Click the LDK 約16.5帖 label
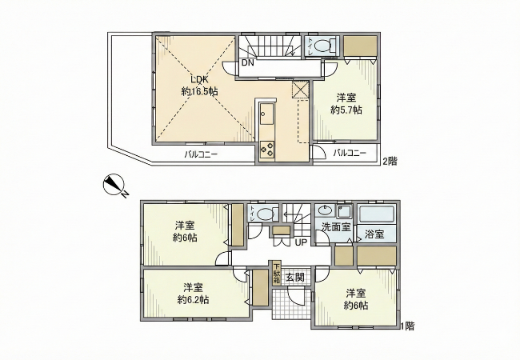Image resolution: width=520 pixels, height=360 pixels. pyautogui.click(x=199, y=86)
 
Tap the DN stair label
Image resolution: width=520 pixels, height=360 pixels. pyautogui.click(x=247, y=63)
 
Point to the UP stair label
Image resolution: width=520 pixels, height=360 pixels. pyautogui.click(x=301, y=242)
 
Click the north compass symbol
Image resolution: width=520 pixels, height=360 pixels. pyautogui.click(x=114, y=186)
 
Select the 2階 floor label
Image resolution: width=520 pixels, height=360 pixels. pyautogui.click(x=390, y=162)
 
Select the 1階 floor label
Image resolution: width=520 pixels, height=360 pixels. pyautogui.click(x=407, y=326)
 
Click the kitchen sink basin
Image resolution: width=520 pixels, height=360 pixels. pyautogui.click(x=266, y=113)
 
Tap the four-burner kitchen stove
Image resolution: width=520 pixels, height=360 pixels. pyautogui.click(x=267, y=149)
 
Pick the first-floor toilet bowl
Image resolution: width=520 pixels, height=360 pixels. pyautogui.click(x=264, y=214)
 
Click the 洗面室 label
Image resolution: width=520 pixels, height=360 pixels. pyautogui.click(x=336, y=227)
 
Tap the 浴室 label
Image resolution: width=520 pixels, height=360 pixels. pyautogui.click(x=374, y=234)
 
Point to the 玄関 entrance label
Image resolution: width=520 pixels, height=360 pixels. pyautogui.click(x=295, y=277)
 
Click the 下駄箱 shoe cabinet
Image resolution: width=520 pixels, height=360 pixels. pyautogui.click(x=276, y=274)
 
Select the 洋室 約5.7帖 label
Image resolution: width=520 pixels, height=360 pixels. pyautogui.click(x=346, y=104)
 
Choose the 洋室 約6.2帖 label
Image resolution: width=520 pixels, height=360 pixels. pyautogui.click(x=193, y=294)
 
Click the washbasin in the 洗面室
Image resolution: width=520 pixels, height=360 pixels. pyautogui.click(x=325, y=210)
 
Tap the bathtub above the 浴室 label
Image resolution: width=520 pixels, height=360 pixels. pyautogui.click(x=377, y=214)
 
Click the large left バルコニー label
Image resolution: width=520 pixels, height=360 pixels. pyautogui.click(x=201, y=154)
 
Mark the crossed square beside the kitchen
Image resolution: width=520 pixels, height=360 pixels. pyautogui.click(x=301, y=90)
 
